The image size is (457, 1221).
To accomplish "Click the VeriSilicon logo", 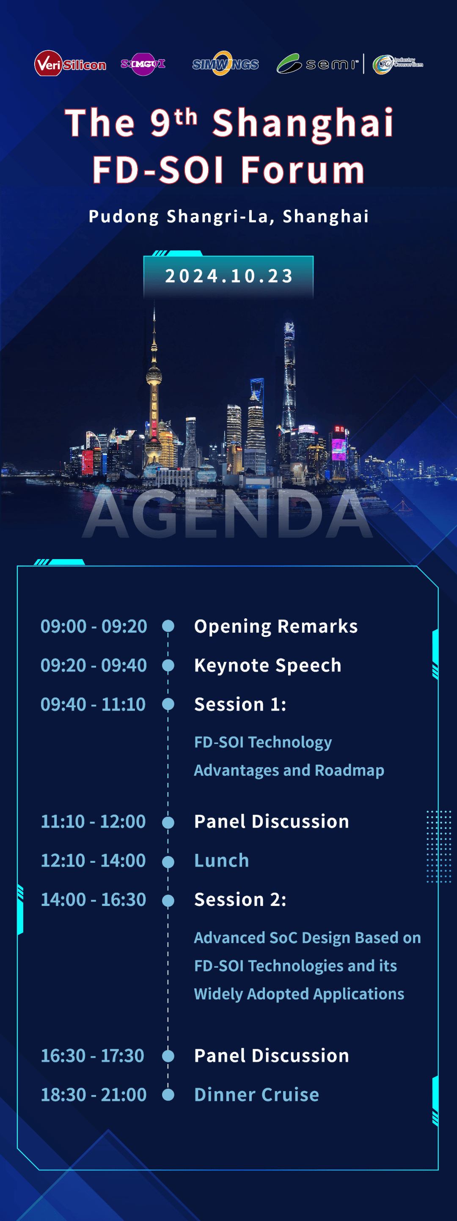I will pos(70,63).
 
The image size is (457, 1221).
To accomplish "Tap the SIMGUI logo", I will pos(143,63).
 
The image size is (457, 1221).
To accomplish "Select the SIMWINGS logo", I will pos(225,63).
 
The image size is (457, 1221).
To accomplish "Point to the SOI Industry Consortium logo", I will pos(397,63).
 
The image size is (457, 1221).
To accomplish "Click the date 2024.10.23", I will pos(228,276).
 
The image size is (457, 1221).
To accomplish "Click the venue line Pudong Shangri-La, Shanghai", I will pos(228,216).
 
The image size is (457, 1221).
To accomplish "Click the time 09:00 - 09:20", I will pos(94,626).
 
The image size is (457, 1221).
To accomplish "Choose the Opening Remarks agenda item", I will pos(276,626).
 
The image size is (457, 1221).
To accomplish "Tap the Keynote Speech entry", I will pos(268,665).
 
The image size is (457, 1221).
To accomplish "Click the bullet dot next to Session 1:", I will pos(168,704).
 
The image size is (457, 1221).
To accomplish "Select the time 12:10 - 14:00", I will pos(93,860).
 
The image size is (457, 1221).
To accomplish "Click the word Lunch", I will pos(221,860).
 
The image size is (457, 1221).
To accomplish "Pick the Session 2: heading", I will pos(240,900).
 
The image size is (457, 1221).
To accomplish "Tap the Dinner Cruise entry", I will pos(256,1095).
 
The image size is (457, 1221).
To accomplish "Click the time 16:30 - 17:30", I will pos(92,1056).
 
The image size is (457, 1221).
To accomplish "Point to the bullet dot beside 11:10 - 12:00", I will pos(168,822).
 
